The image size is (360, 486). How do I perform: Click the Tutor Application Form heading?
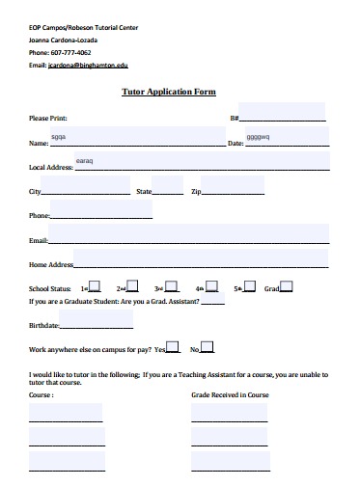click(x=167, y=92)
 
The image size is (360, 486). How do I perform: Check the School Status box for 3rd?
click(x=172, y=286)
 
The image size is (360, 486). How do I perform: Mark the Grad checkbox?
click(x=287, y=286)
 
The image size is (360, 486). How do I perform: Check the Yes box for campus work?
click(x=173, y=347)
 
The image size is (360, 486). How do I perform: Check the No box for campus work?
click(x=207, y=347)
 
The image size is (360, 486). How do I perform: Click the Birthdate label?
click(x=44, y=326)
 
